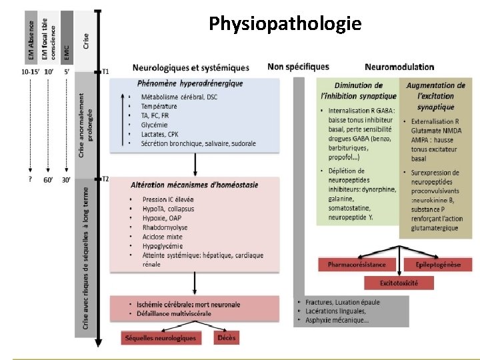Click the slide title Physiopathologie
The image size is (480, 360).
pyautogui.click(x=285, y=25)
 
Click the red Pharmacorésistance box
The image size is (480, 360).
pyautogui.click(x=357, y=265)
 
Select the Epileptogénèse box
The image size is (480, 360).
pyautogui.click(x=438, y=265)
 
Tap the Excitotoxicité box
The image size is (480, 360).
pyautogui.click(x=399, y=283)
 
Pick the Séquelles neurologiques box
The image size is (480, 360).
pyautogui.click(x=160, y=338)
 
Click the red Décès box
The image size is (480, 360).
pyautogui.click(x=227, y=338)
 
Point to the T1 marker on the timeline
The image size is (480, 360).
pyautogui.click(x=105, y=71)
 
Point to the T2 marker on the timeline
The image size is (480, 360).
pyautogui.click(x=105, y=179)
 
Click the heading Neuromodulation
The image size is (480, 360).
pyautogui.click(x=399, y=67)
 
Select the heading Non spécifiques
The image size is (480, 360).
pyautogui.click(x=298, y=67)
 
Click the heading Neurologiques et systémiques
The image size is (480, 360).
pyautogui.click(x=191, y=67)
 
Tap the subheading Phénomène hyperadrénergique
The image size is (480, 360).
pyautogui.click(x=190, y=83)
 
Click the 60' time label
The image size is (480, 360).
pyautogui.click(x=48, y=180)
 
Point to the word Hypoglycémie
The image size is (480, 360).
pyautogui.click(x=163, y=246)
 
